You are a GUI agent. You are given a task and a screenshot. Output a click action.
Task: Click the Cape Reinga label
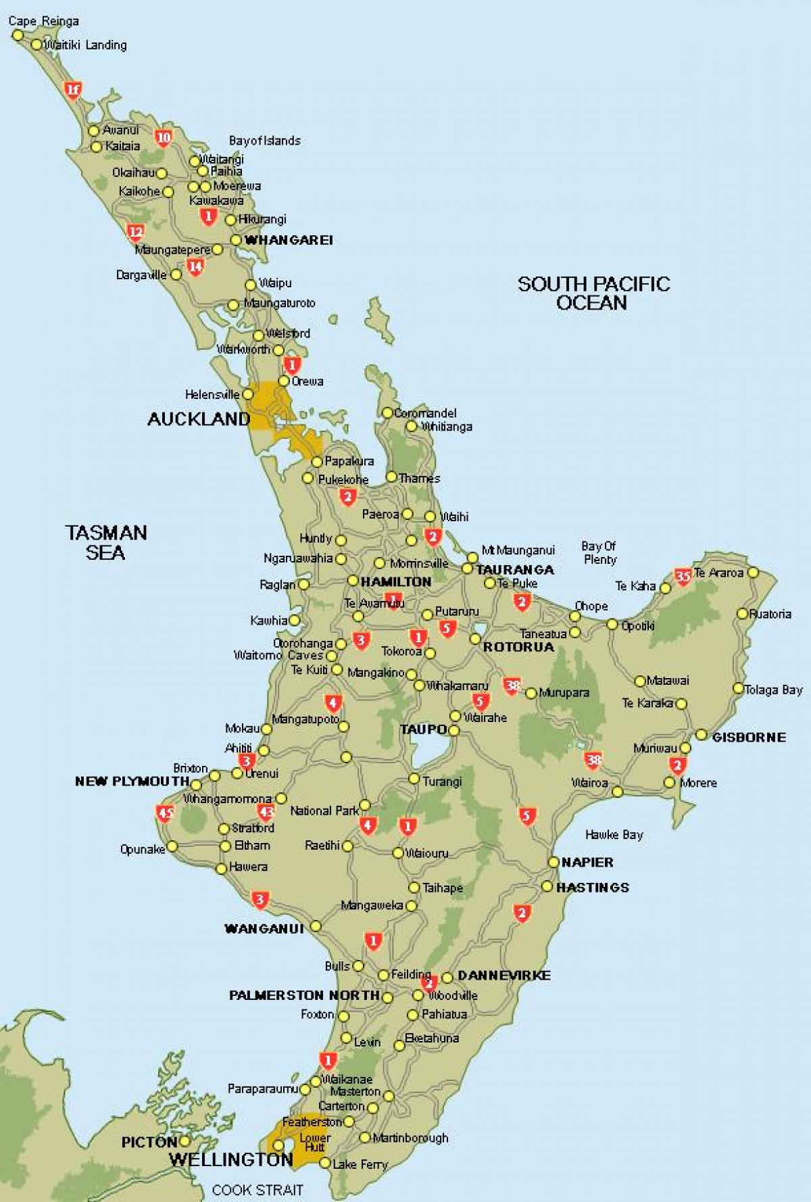coord(43,21)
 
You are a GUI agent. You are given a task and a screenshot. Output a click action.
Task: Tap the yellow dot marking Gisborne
coord(702,735)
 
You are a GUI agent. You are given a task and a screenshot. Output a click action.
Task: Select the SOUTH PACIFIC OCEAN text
coord(593,293)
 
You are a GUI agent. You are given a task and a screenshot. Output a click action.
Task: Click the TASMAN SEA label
coord(106,542)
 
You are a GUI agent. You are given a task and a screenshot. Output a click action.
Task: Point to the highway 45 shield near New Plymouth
coord(165,813)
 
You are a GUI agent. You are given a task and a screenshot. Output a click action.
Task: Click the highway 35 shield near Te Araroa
coord(683,576)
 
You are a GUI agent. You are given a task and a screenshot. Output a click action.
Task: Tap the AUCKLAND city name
coord(199,419)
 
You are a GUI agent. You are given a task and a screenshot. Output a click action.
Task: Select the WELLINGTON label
coord(230,1159)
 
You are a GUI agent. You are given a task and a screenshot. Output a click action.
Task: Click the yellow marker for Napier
coord(554,862)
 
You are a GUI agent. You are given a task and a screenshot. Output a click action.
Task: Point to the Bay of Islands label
coord(264,141)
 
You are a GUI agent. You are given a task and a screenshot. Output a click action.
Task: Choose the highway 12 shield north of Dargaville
coord(136,233)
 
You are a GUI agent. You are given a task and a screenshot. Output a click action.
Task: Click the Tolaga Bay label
coord(773,690)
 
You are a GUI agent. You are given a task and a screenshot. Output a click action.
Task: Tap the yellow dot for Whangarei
coord(236,240)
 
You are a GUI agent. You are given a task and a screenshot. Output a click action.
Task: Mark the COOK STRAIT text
coord(257,1189)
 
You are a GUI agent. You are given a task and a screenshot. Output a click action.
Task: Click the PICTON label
coord(149,1142)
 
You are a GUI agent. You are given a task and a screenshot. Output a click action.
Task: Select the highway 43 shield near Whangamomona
coord(266,813)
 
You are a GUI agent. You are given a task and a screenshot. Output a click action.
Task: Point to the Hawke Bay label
coord(614,835)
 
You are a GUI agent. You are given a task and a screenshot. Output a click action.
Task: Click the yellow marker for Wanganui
coord(316,926)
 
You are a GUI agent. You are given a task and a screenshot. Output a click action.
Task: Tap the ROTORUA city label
coord(518,647)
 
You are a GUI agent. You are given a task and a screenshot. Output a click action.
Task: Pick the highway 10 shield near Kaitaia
coord(164,138)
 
